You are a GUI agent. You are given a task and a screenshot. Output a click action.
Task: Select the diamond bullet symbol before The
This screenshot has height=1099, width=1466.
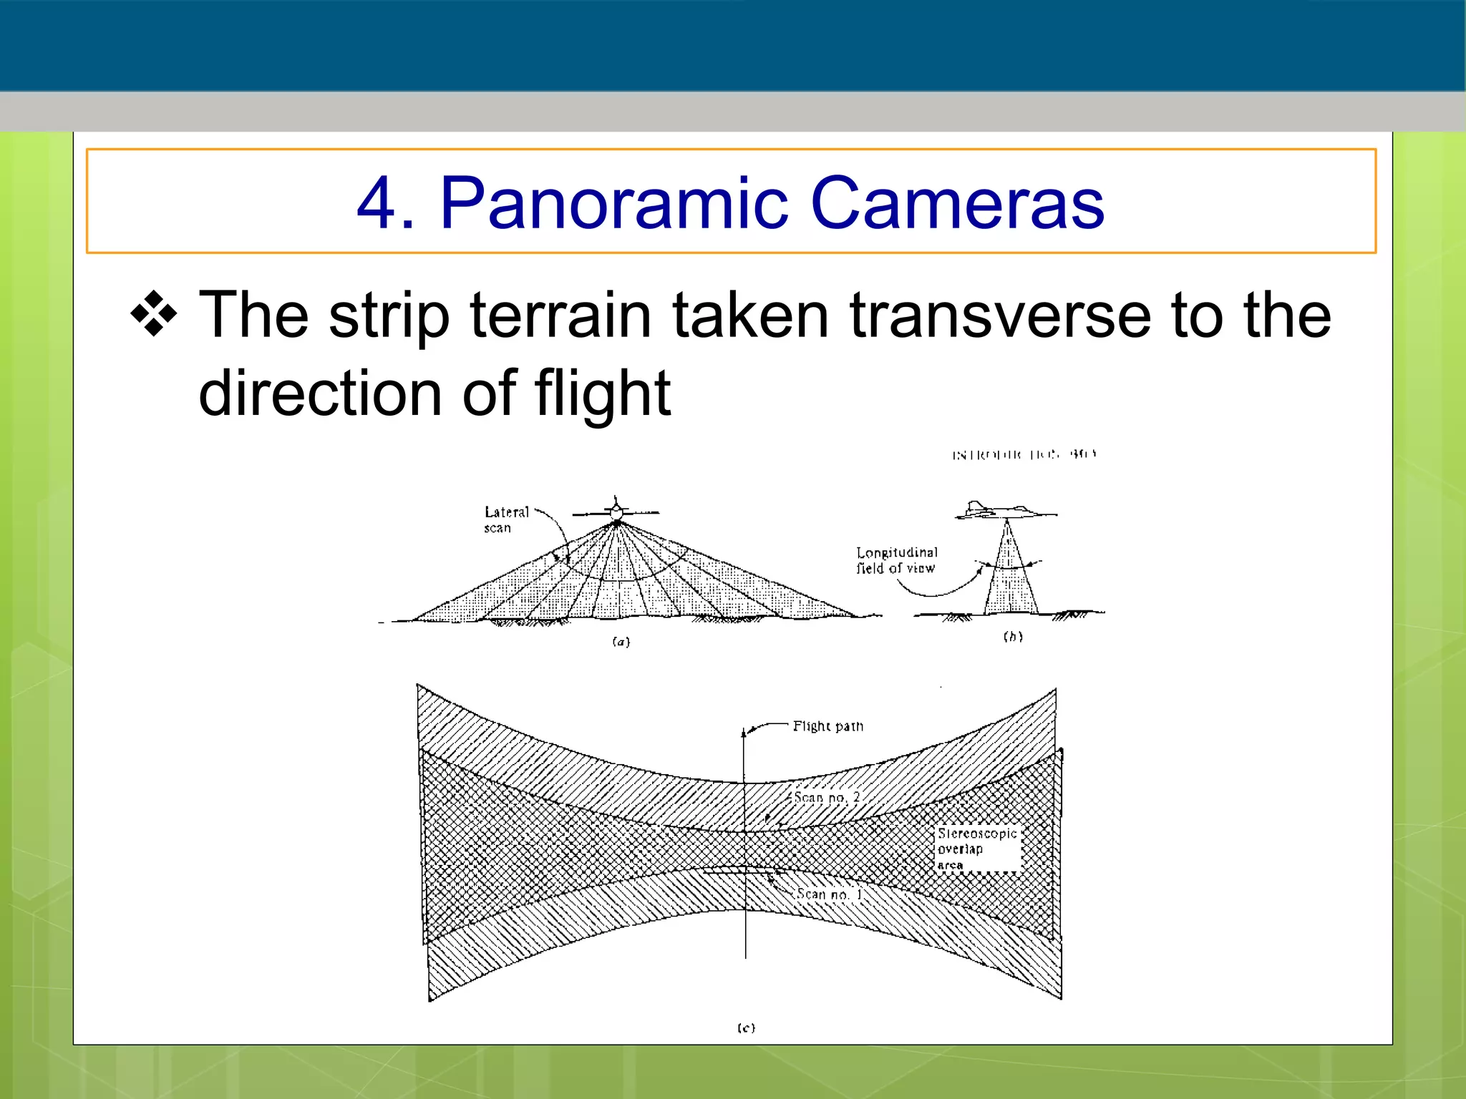pyautogui.click(x=154, y=315)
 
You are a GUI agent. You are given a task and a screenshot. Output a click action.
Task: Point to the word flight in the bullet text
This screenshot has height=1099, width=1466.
pyautogui.click(x=602, y=394)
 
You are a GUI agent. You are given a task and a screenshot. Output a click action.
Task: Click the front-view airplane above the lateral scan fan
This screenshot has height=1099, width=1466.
pyautogui.click(x=616, y=512)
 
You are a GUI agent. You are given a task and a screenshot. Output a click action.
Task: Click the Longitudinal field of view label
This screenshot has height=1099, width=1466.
pyautogui.click(x=896, y=560)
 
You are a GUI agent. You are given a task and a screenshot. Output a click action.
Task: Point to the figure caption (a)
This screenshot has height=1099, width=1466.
pyautogui.click(x=621, y=642)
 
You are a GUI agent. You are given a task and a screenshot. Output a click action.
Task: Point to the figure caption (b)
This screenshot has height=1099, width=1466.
pyautogui.click(x=1012, y=637)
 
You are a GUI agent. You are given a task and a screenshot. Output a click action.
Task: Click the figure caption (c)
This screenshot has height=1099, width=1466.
pyautogui.click(x=746, y=1028)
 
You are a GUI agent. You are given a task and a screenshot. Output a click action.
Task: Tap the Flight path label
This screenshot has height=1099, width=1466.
pyautogui.click(x=827, y=727)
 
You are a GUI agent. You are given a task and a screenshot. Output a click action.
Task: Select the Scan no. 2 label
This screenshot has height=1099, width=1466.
pyautogui.click(x=826, y=798)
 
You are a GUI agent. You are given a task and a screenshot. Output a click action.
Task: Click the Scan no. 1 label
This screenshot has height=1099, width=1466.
pyautogui.click(x=829, y=894)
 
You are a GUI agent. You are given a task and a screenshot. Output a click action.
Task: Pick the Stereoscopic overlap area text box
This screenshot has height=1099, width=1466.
pyautogui.click(x=977, y=849)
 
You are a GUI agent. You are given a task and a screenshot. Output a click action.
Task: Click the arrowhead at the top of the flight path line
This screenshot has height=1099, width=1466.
pyautogui.click(x=744, y=732)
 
